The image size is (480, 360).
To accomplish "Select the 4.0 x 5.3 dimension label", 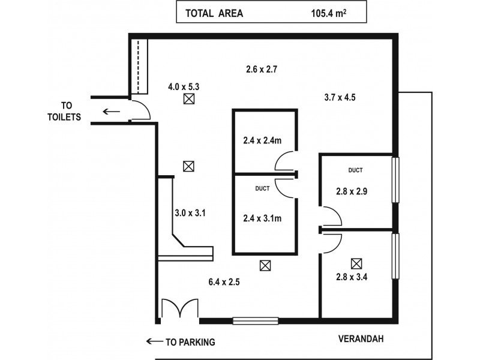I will click(x=184, y=87).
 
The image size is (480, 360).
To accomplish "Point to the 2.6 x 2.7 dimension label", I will click(x=261, y=69).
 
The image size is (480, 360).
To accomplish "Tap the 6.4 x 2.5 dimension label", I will click(x=224, y=282).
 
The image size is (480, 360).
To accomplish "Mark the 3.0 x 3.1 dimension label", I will click(x=190, y=212).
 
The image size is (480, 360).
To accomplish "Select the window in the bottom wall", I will click(x=255, y=321).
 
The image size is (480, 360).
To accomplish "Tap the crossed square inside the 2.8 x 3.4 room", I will click(x=358, y=263).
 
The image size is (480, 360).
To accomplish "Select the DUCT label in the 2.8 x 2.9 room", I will click(x=355, y=170).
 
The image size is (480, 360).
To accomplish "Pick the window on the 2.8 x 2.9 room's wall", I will click(x=395, y=180).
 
